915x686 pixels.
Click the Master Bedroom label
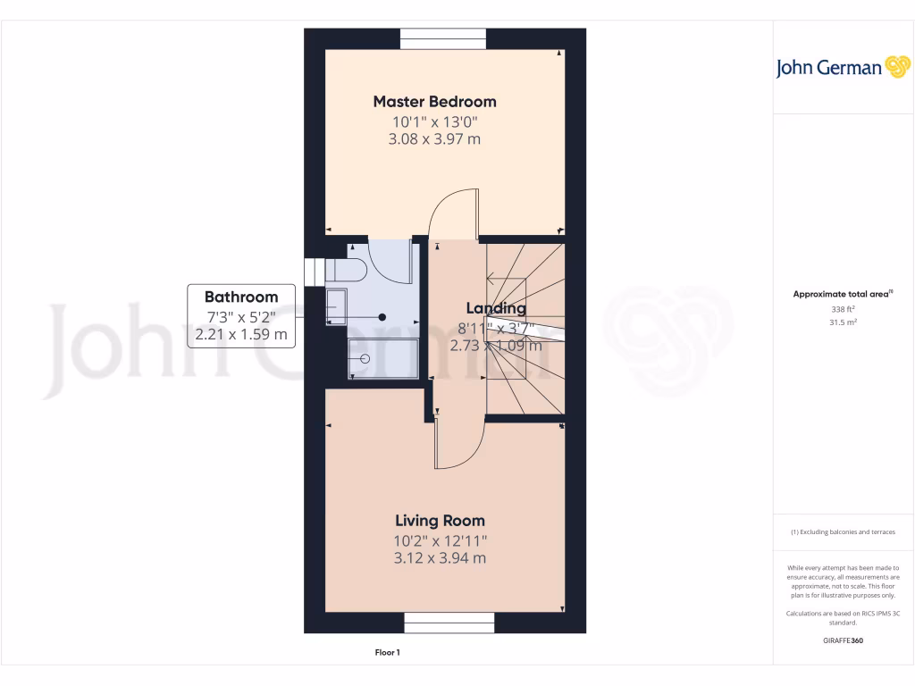[x=434, y=101]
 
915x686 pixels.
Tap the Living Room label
[x=440, y=521]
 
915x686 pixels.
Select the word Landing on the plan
[x=496, y=308]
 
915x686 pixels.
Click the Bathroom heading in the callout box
[x=241, y=297]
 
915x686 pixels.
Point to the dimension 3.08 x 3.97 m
[x=434, y=139]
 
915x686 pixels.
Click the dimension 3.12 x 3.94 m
[x=440, y=558]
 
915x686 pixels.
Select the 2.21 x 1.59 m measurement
[x=241, y=335]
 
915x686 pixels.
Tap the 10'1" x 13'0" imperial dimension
[x=434, y=121]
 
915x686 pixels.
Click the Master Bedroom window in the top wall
[x=443, y=38]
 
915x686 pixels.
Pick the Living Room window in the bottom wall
[x=449, y=623]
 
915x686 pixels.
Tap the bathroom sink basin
[x=337, y=304]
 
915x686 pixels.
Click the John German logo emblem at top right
[x=896, y=67]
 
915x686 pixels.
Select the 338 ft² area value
[x=844, y=309]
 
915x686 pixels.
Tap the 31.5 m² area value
[x=844, y=322]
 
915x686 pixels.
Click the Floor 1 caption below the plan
[x=387, y=653]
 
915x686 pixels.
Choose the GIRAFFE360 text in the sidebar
[x=844, y=640]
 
